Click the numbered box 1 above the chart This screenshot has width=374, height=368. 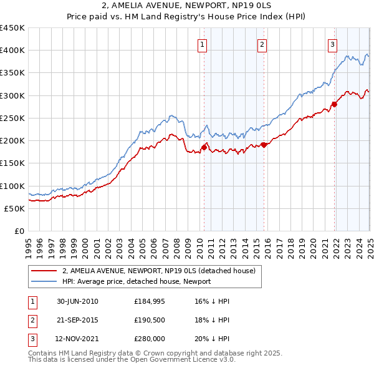203,44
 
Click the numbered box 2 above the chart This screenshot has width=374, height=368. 262,44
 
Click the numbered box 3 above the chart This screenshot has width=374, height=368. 332,44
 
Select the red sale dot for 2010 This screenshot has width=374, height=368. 204,148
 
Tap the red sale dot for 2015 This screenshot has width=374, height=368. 263,145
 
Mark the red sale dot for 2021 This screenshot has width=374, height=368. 334,104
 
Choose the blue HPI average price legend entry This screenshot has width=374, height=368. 137,281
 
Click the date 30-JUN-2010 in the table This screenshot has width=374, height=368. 77,301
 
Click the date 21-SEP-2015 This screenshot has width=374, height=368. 77,321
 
